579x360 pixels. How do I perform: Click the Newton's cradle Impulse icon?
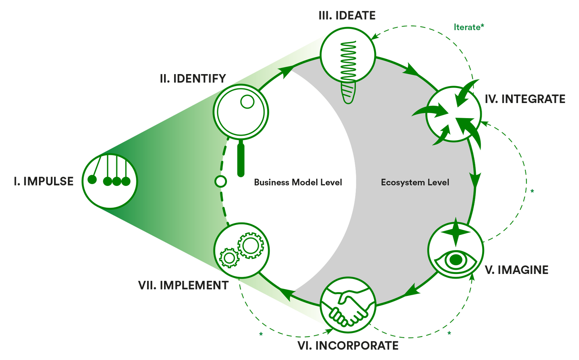[110, 181]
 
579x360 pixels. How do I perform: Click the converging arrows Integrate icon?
[454, 114]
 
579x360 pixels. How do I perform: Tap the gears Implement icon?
[242, 250]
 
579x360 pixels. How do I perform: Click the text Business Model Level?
[298, 183]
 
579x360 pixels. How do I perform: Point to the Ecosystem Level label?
[415, 183]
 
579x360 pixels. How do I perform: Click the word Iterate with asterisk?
[469, 27]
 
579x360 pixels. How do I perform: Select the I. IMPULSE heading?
[43, 181]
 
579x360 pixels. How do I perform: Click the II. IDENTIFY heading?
[193, 79]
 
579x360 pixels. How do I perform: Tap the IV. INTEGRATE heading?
[525, 99]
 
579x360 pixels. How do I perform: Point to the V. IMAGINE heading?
[516, 270]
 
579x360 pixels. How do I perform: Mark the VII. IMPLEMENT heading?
[183, 287]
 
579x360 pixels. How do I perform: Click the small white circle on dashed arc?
[221, 181]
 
